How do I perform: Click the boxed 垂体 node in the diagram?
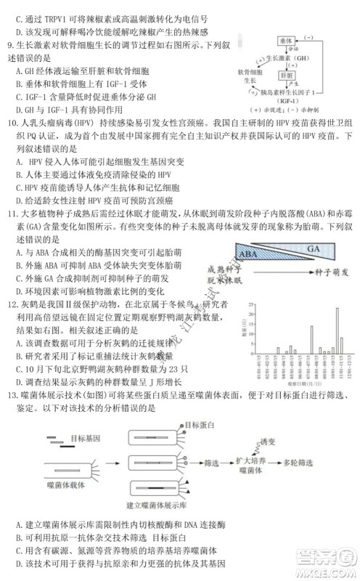coord(285,42)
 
